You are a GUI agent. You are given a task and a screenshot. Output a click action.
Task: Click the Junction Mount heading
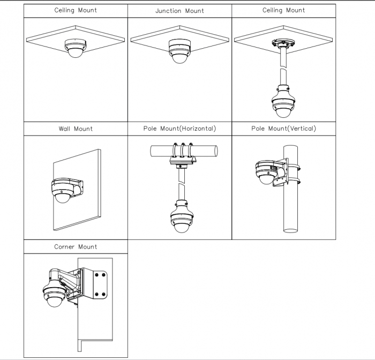179,11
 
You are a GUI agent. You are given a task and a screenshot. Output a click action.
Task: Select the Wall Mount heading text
76,129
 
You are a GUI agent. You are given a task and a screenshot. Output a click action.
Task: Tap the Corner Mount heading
76,246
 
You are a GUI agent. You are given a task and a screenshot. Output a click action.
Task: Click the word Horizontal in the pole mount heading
197,129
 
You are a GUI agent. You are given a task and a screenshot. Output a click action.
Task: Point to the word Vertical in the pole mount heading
301,129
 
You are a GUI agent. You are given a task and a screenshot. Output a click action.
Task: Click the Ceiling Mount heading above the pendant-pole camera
283,10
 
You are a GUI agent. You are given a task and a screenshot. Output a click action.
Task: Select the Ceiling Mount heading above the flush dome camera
76,10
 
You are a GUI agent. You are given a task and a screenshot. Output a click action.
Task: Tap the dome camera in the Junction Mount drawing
179,51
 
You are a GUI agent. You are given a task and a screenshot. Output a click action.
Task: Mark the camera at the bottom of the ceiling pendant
283,102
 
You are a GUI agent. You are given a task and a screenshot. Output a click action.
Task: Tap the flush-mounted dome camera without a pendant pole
76,48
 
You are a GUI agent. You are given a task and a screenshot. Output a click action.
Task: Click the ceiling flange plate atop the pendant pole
283,43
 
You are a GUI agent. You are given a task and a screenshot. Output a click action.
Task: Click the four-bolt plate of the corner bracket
100,284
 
